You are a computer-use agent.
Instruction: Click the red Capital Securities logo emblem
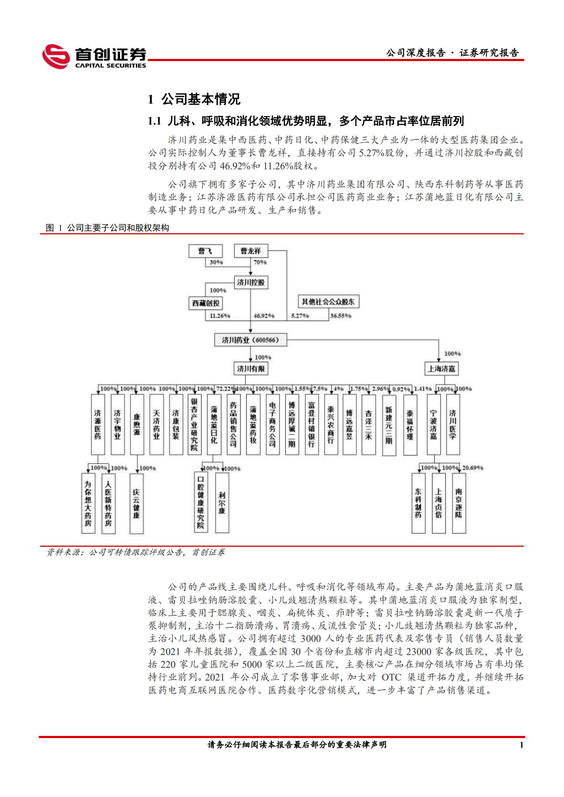(x=56, y=56)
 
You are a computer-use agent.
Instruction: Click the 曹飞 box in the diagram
(x=205, y=251)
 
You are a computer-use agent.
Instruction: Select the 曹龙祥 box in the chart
(x=251, y=251)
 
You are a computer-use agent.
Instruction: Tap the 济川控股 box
(x=251, y=282)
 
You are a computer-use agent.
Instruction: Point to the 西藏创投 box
(x=205, y=303)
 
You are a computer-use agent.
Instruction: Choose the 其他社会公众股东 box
(x=328, y=302)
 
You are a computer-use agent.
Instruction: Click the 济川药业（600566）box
(x=250, y=340)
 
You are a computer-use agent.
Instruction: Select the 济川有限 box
(x=251, y=369)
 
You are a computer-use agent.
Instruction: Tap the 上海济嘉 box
(x=441, y=369)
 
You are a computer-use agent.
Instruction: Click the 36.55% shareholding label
(x=340, y=316)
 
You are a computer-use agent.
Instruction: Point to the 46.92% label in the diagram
(x=264, y=316)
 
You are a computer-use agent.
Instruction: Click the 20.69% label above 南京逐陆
(x=472, y=468)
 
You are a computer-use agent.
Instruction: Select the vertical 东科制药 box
(x=418, y=503)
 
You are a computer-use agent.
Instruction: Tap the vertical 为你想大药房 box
(x=88, y=503)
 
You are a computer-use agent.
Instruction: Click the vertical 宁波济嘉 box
(x=433, y=425)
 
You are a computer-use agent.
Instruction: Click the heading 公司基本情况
(x=201, y=99)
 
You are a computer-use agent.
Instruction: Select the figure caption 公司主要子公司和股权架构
(x=118, y=228)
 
